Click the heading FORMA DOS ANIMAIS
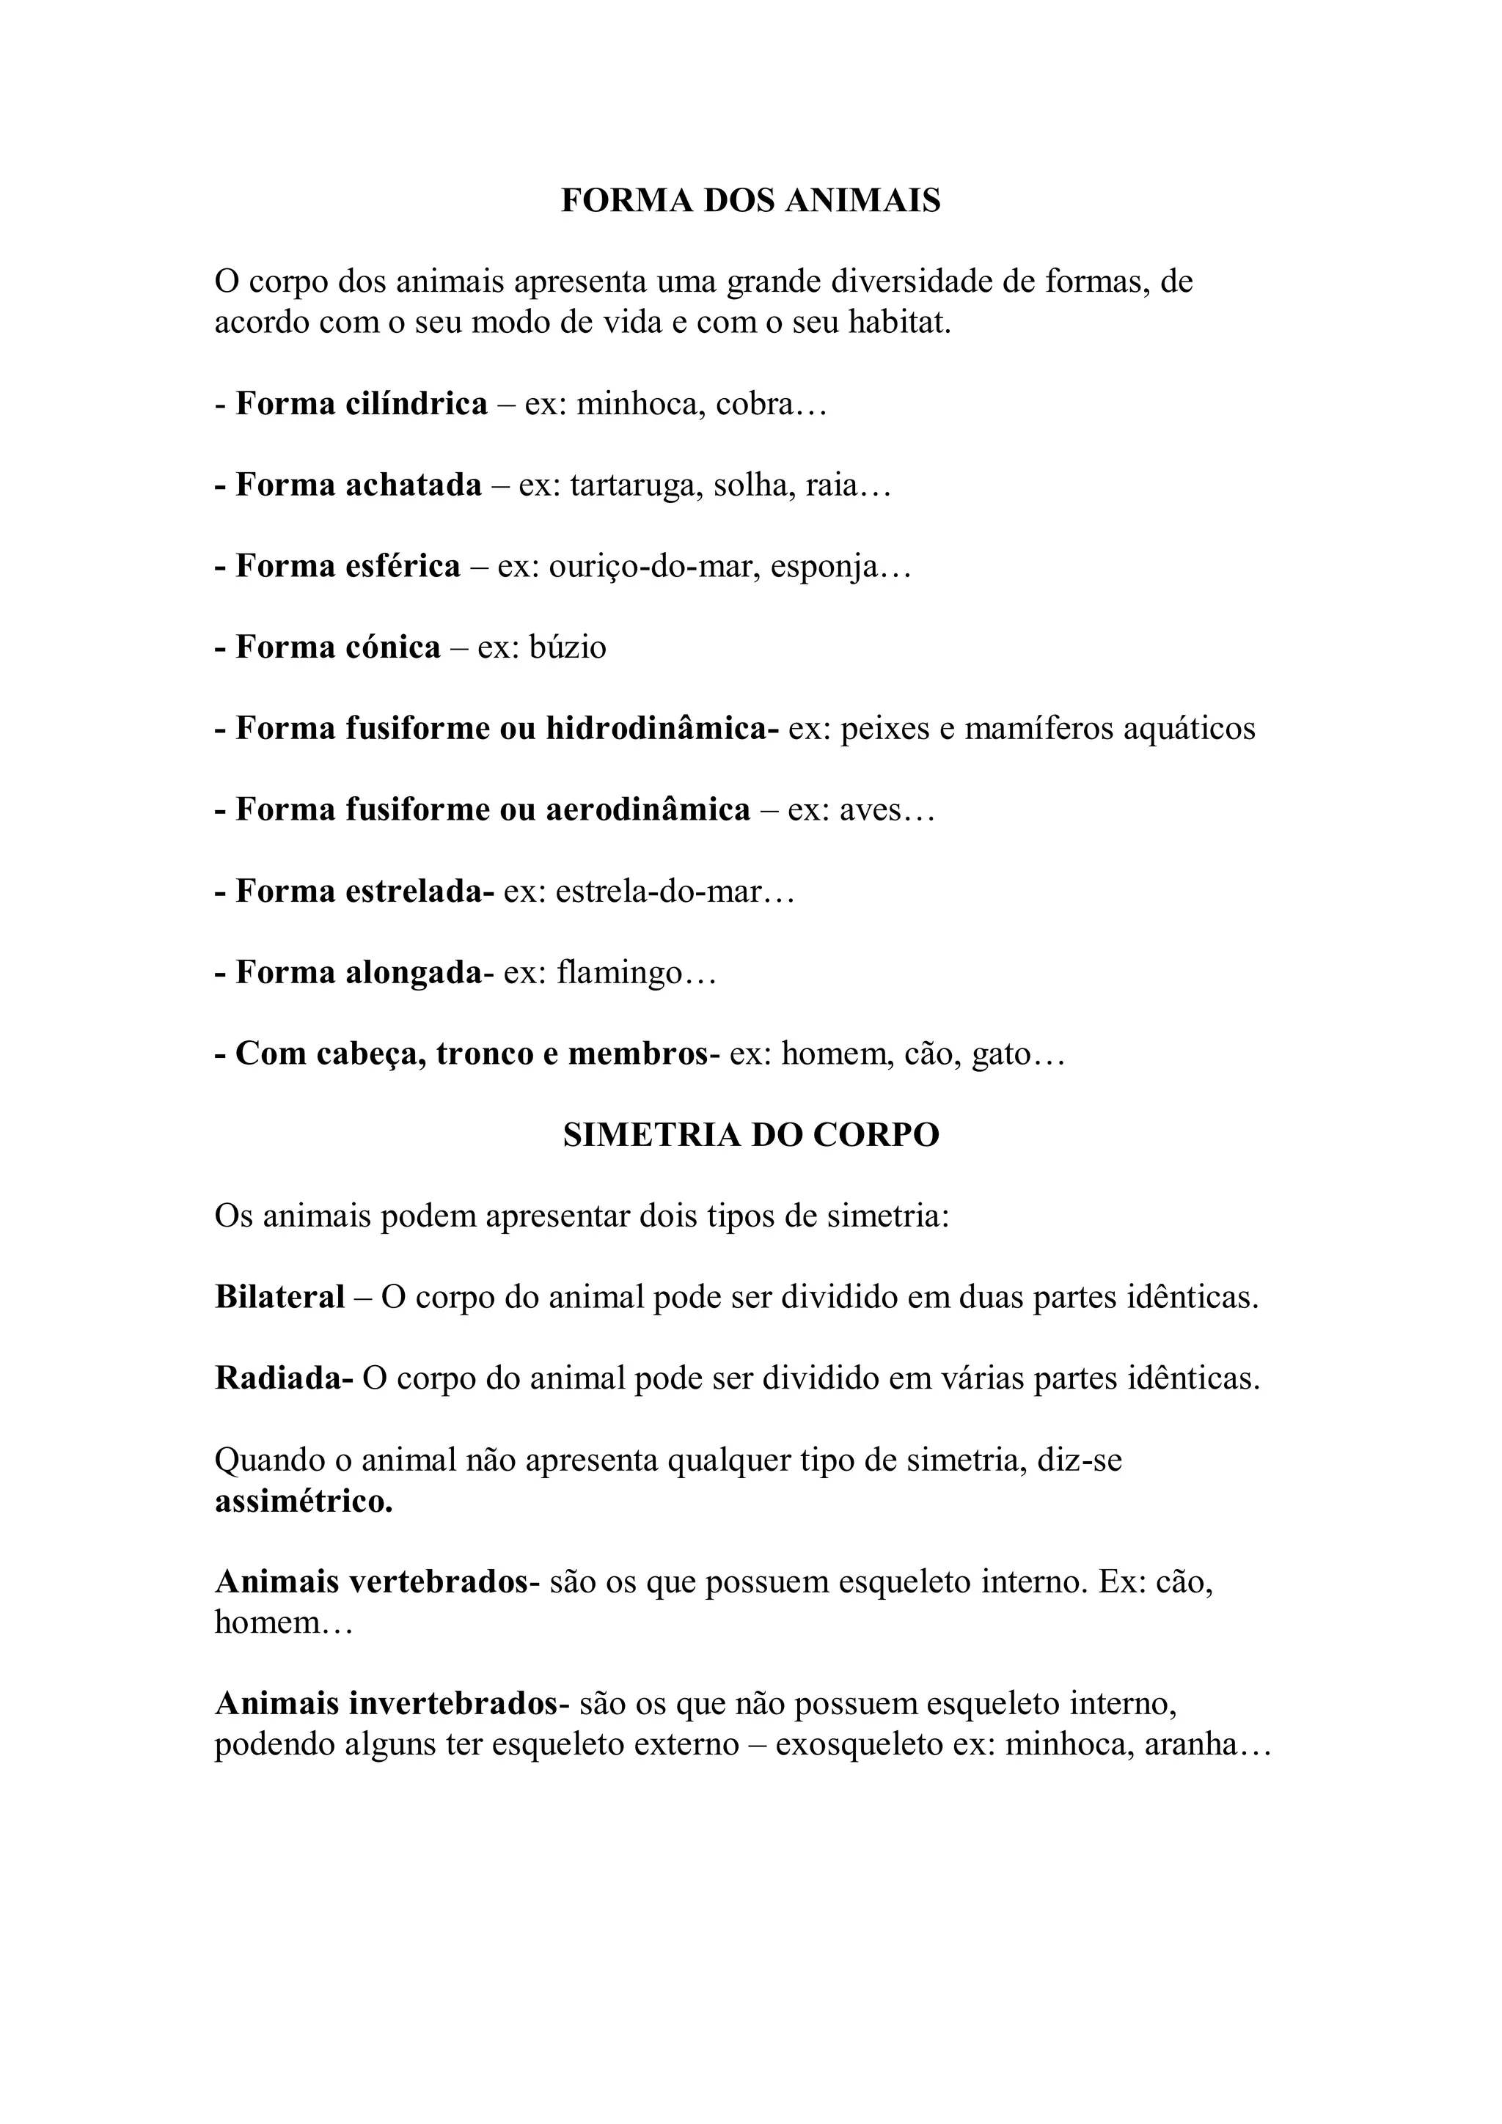(750, 201)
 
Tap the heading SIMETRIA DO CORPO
(750, 1135)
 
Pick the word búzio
(568, 647)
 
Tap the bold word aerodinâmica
(647, 810)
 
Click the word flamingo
(619, 973)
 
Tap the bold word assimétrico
(304, 1502)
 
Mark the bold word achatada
(413, 485)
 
